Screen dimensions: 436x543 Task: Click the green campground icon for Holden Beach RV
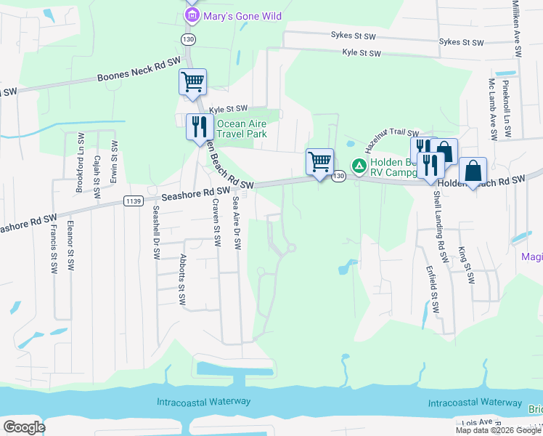[x=358, y=166]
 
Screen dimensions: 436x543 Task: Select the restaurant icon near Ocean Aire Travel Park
[x=198, y=127]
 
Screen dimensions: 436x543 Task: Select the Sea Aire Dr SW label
[x=236, y=223]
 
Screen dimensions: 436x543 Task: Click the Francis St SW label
[x=54, y=248]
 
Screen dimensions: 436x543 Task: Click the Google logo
[x=25, y=427]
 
